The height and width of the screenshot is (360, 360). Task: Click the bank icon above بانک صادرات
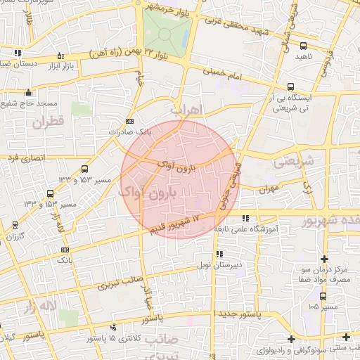click(x=128, y=120)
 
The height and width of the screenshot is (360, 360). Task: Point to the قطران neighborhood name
click(x=47, y=122)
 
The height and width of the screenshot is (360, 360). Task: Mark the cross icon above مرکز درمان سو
click(x=323, y=257)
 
